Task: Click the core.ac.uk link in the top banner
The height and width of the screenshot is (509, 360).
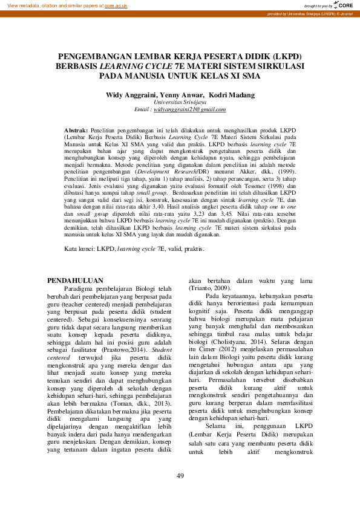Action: point(116,5)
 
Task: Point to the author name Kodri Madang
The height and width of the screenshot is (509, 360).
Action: point(233,95)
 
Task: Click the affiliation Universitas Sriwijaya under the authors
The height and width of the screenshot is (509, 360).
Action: point(180,102)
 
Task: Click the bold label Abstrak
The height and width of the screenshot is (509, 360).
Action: point(76,130)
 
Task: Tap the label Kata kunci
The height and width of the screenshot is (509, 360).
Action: point(80,248)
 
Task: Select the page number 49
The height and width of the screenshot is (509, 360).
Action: point(180,476)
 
